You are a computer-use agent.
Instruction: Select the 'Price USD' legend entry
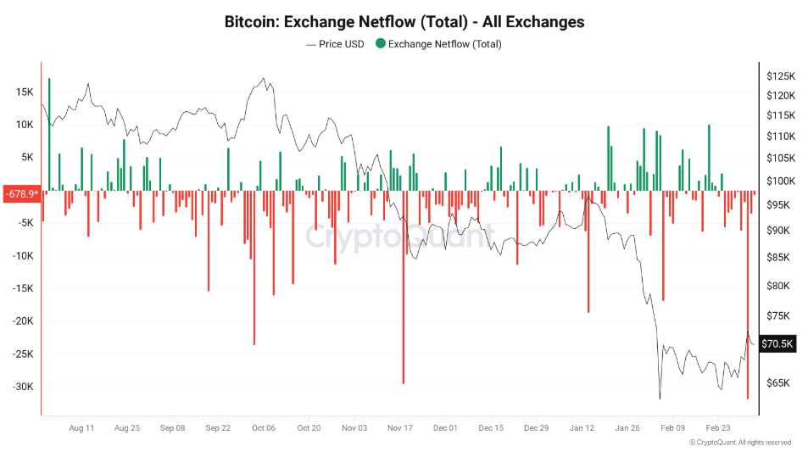pyautogui.click(x=337, y=44)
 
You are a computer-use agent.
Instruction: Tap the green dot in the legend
pyautogui.click(x=380, y=43)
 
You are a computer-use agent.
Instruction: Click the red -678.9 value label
pyautogui.click(x=21, y=194)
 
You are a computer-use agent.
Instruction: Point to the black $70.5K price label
pyautogui.click(x=777, y=343)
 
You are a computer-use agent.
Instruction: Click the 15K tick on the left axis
pyautogui.click(x=23, y=92)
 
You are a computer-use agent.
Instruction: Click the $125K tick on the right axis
pyautogui.click(x=780, y=76)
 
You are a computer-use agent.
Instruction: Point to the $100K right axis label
pyautogui.click(x=780, y=181)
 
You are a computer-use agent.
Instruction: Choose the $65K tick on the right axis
pyautogui.click(x=777, y=383)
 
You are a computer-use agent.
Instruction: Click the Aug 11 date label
pyautogui.click(x=81, y=429)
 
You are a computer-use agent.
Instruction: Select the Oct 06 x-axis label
pyautogui.click(x=264, y=429)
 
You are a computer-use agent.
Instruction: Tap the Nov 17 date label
pyautogui.click(x=400, y=429)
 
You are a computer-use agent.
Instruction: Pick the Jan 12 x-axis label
pyautogui.click(x=582, y=429)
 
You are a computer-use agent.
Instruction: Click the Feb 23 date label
pyautogui.click(x=719, y=429)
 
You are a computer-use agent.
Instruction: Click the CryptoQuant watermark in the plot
pyautogui.click(x=398, y=236)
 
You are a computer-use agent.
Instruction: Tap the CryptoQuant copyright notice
pyautogui.click(x=739, y=443)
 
